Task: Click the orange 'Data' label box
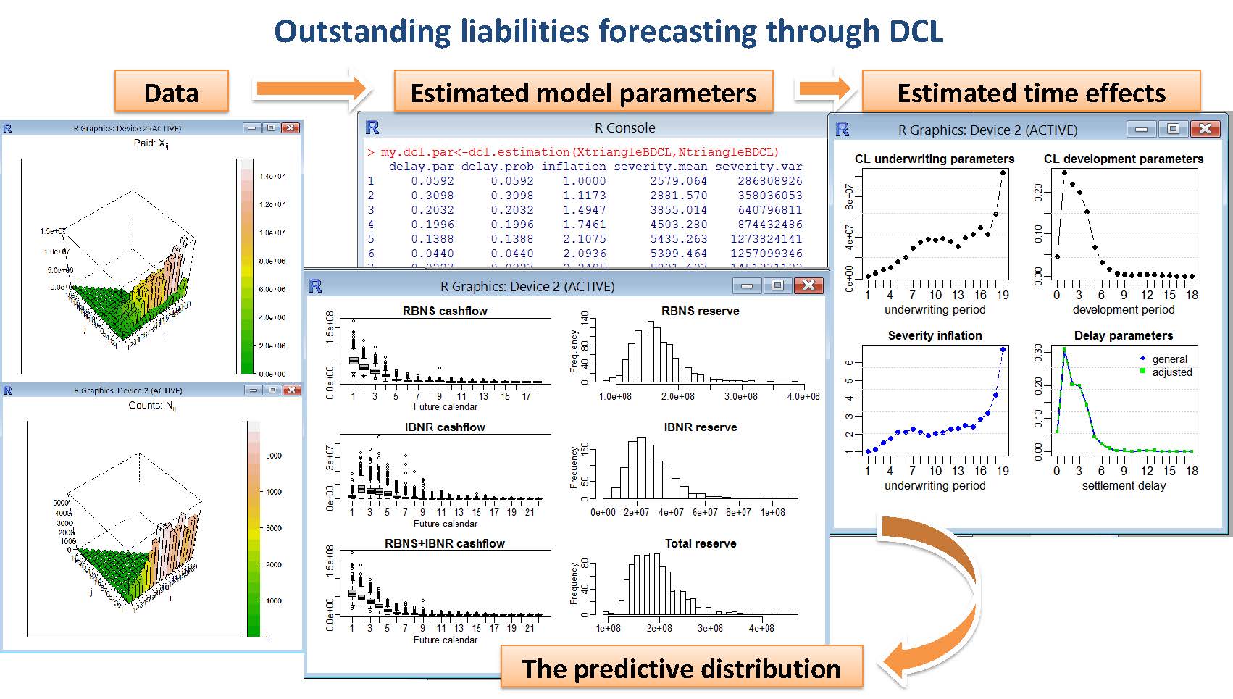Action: click(172, 92)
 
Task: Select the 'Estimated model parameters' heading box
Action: click(583, 92)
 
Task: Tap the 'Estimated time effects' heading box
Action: click(1031, 92)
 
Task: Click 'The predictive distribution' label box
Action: click(681, 668)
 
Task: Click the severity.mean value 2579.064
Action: click(678, 181)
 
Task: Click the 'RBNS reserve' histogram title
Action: click(700, 311)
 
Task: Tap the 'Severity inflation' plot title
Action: click(935, 335)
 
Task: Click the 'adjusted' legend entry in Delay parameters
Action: click(1171, 372)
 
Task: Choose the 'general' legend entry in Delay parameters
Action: click(1169, 359)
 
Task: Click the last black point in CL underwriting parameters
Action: click(1003, 172)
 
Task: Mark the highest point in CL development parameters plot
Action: click(1064, 173)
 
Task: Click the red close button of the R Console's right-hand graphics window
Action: click(1205, 129)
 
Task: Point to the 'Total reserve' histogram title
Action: click(700, 543)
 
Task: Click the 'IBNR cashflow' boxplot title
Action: click(445, 427)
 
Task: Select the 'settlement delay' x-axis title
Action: click(1124, 485)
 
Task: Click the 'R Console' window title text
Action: click(624, 128)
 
